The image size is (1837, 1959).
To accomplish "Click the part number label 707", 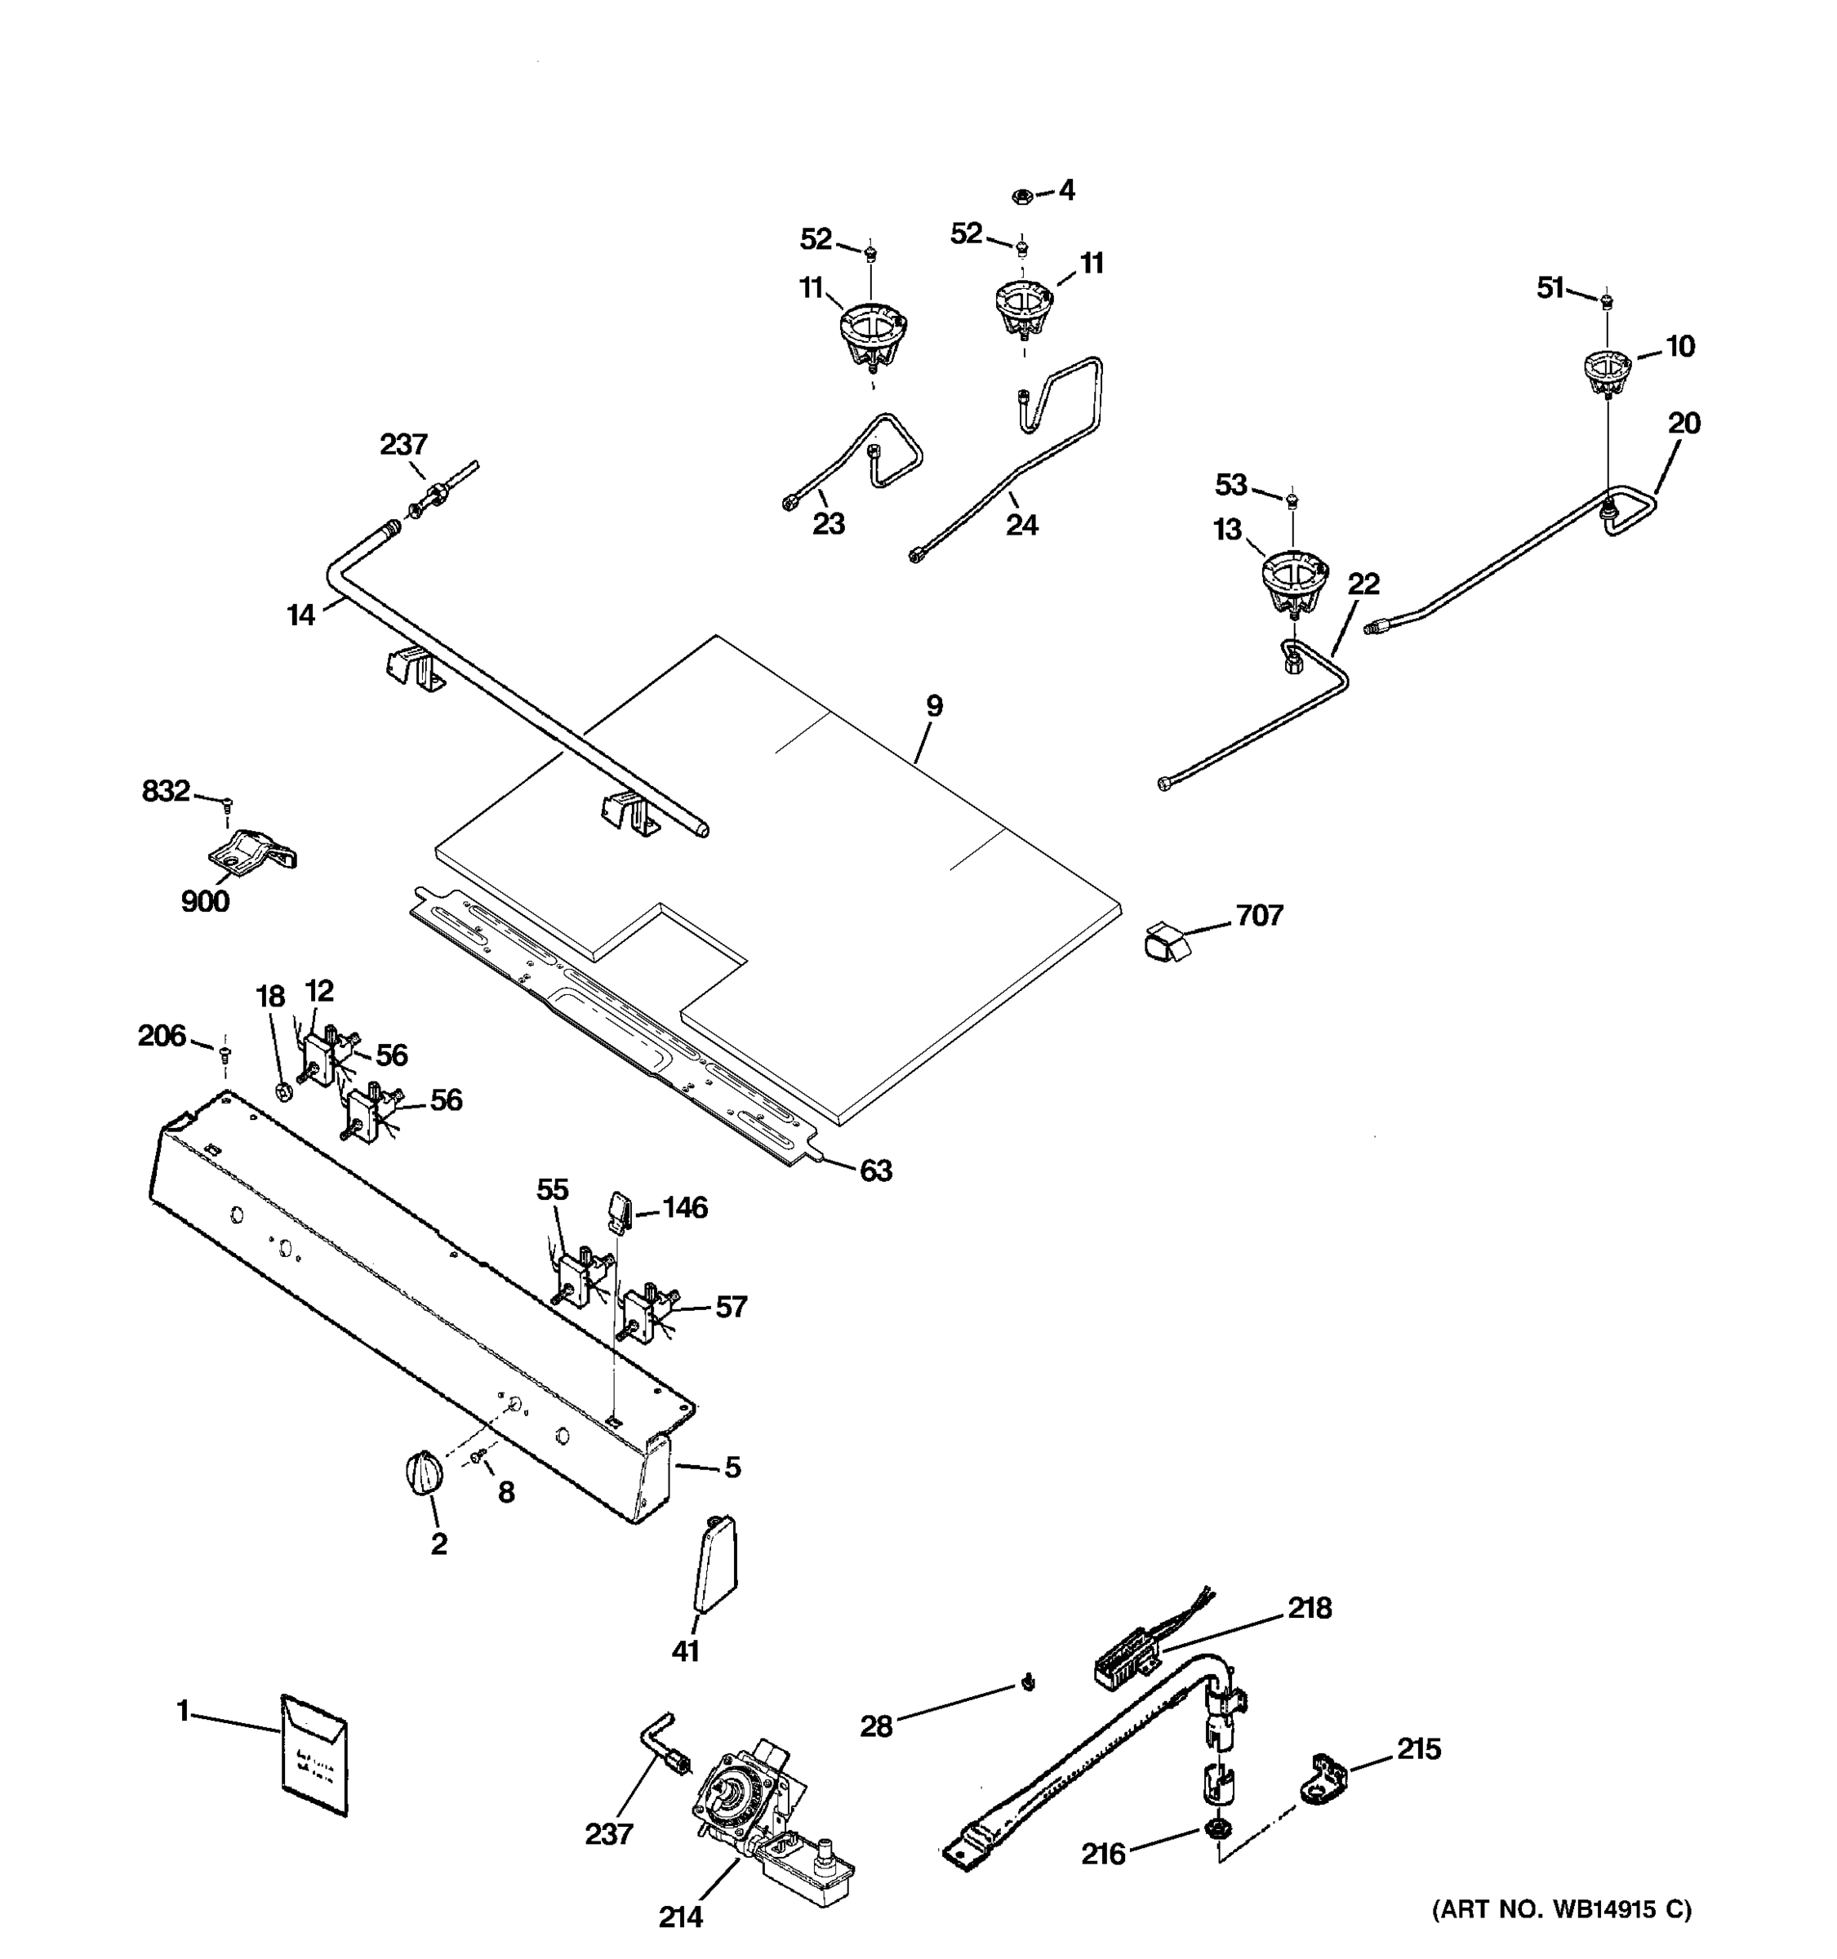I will (1260, 916).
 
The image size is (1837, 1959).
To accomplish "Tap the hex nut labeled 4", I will (1022, 196).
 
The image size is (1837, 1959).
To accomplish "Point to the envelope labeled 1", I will (314, 1755).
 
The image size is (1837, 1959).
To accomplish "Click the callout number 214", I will (680, 1916).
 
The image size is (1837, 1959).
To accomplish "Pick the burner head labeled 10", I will (1608, 371).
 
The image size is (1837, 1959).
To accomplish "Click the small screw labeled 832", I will (228, 803).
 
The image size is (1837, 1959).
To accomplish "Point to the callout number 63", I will (875, 1171).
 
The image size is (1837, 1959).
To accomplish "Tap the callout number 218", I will (1309, 1608).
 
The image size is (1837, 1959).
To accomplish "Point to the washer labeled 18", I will (282, 1091).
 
